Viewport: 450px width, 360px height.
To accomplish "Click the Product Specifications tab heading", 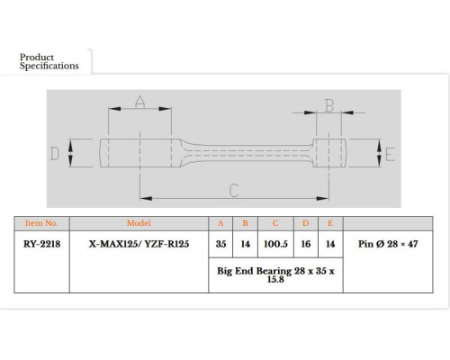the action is pyautogui.click(x=49, y=61).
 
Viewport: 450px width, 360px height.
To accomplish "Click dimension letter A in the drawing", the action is pyautogui.click(x=139, y=102).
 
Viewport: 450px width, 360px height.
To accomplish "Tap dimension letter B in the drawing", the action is pyautogui.click(x=329, y=105).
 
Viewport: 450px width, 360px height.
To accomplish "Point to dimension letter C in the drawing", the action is pyautogui.click(x=234, y=191).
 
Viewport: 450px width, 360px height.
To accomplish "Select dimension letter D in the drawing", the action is pyautogui.click(x=54, y=154).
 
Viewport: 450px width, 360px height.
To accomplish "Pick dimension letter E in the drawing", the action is pyautogui.click(x=390, y=155).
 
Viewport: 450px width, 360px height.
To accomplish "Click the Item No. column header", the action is pyautogui.click(x=41, y=223).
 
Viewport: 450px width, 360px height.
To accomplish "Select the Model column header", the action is pyautogui.click(x=139, y=223).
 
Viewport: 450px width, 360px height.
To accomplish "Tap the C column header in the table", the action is pyautogui.click(x=275, y=223).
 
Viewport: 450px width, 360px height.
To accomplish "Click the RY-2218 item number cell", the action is pyautogui.click(x=41, y=244).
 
